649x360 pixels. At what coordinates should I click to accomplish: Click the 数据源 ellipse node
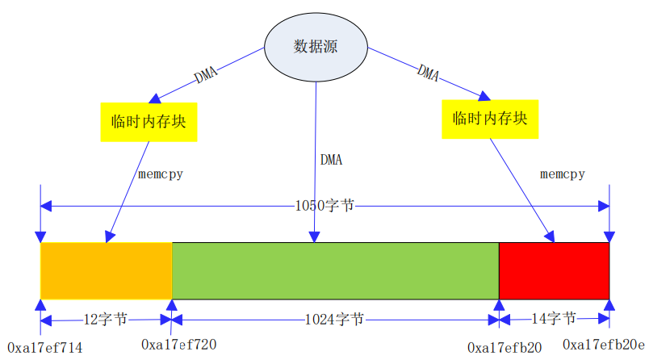pyautogui.click(x=315, y=46)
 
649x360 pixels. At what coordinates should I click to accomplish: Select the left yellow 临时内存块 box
pyautogui.click(x=149, y=122)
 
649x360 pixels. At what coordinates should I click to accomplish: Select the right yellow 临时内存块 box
pyautogui.click(x=490, y=119)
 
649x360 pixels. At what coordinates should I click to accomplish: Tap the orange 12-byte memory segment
pyautogui.click(x=106, y=270)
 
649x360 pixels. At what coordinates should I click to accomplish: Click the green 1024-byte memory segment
pyautogui.click(x=335, y=270)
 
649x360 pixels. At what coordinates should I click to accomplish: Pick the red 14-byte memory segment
pyautogui.click(x=554, y=270)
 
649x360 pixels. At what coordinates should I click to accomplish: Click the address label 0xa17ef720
pyautogui.click(x=179, y=345)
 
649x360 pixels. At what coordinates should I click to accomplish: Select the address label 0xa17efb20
pyautogui.click(x=505, y=348)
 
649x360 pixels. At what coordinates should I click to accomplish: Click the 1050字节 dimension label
pyautogui.click(x=324, y=206)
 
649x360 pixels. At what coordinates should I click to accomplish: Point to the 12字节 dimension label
pyautogui.click(x=106, y=319)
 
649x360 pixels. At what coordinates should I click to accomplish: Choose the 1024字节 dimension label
pyautogui.click(x=334, y=319)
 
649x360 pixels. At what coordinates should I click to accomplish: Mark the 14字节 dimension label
pyautogui.click(x=554, y=318)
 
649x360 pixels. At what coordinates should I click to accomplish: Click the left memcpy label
pyautogui.click(x=160, y=174)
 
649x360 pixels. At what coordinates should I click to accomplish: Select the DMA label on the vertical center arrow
pyautogui.click(x=331, y=159)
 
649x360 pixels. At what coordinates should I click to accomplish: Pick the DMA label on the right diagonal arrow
pyautogui.click(x=428, y=73)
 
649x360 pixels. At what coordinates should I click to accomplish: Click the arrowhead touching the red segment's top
pyautogui.click(x=551, y=237)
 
